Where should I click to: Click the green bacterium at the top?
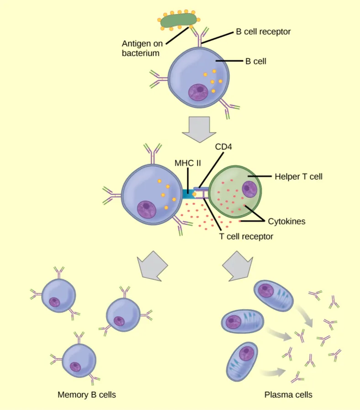point(179,21)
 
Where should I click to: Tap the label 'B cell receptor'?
point(263,32)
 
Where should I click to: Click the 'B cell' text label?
point(256,61)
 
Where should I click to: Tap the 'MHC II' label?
point(187,163)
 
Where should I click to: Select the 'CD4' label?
point(224,147)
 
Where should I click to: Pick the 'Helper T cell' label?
point(298,176)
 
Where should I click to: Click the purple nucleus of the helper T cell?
point(249,188)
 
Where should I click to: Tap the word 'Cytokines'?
point(286,221)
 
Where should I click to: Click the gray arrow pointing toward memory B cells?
point(153,265)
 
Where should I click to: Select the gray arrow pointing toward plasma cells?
point(237,265)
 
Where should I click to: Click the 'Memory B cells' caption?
point(87,394)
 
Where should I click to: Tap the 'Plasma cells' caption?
point(288,394)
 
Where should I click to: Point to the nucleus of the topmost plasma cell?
point(265,290)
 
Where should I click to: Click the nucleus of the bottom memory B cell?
point(74,367)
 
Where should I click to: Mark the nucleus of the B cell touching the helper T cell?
point(147,210)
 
